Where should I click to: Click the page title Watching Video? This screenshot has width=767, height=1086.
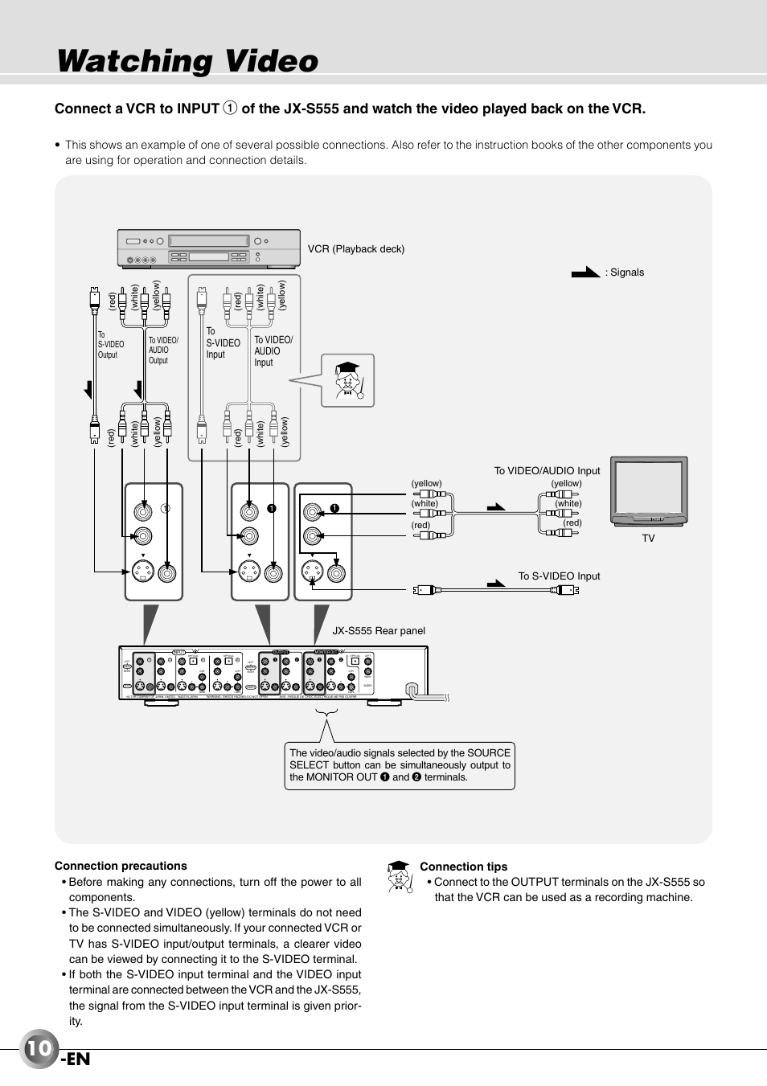[188, 62]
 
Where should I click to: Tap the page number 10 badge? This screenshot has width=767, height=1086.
[39, 1048]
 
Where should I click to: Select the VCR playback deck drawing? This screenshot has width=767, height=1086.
[208, 248]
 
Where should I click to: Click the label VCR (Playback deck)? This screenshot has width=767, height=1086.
[356, 249]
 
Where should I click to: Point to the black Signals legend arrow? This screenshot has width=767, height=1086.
[585, 273]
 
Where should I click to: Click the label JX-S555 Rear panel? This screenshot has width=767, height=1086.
[379, 631]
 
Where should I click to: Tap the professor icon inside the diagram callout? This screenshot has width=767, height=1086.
[349, 380]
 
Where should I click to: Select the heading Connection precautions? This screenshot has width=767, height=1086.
[121, 866]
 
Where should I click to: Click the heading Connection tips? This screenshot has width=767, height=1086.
[464, 867]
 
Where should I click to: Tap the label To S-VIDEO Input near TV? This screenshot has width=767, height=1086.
[559, 576]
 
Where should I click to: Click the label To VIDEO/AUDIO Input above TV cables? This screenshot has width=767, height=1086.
[547, 471]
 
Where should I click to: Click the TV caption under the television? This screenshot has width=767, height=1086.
[648, 539]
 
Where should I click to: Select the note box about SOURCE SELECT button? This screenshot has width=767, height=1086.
[400, 765]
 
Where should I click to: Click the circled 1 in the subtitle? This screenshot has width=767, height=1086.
[230, 109]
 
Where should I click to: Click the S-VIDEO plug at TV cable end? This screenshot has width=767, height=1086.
[566, 590]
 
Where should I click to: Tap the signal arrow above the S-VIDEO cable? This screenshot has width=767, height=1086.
[496, 583]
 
